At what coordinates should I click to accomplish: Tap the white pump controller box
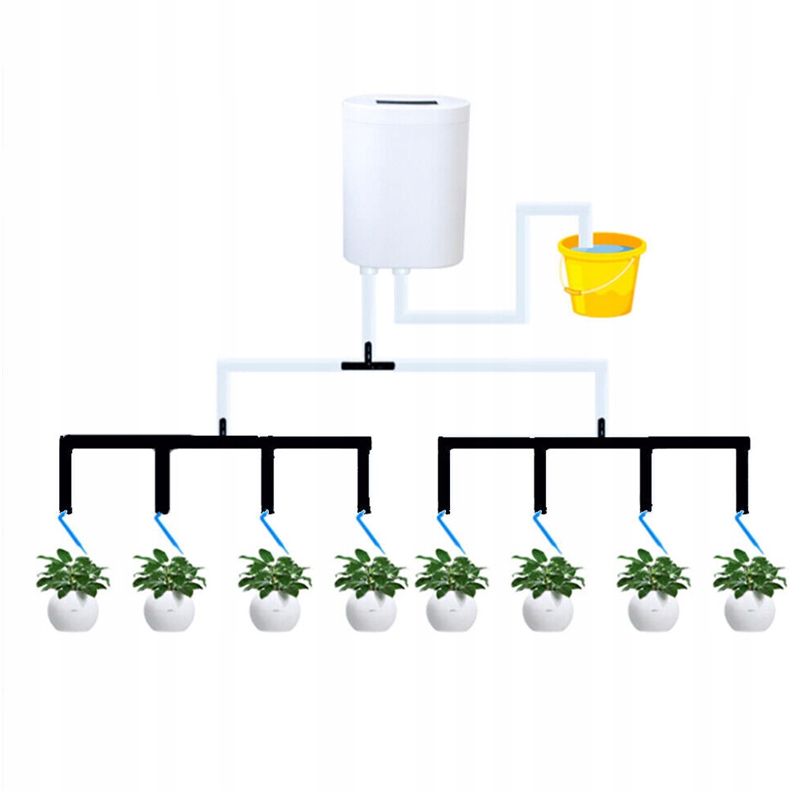coord(405,182)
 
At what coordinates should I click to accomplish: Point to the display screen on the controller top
coord(405,103)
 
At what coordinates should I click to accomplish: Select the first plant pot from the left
coord(73,611)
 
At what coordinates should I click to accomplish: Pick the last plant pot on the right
coord(749,611)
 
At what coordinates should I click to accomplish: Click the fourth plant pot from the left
coord(371,611)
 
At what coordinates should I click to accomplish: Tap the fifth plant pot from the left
coord(452,611)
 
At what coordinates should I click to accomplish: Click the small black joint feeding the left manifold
coord(222,426)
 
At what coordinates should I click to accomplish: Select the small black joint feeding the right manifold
coord(600,426)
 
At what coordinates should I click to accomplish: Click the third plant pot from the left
coord(274,611)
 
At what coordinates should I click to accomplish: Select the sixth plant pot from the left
coord(547,611)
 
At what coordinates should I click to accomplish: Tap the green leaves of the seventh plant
coord(653,573)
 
